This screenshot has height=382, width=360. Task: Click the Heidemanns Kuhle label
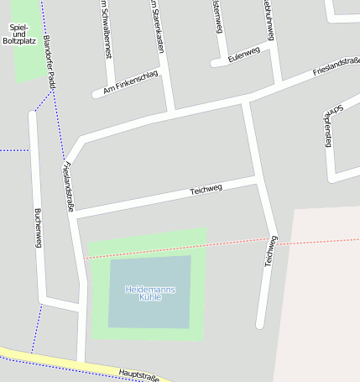(x=150, y=293)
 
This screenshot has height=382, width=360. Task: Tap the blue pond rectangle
(x=149, y=311)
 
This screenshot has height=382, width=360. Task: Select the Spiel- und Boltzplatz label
(x=19, y=34)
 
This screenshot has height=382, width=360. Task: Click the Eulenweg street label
(x=243, y=55)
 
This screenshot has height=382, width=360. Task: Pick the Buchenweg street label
(x=37, y=228)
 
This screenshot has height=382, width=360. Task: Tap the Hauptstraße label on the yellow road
(x=138, y=373)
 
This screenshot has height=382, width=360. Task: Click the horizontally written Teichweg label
(x=206, y=191)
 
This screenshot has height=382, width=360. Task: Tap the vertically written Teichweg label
(x=270, y=250)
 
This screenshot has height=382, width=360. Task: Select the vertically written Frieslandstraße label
(x=70, y=186)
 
